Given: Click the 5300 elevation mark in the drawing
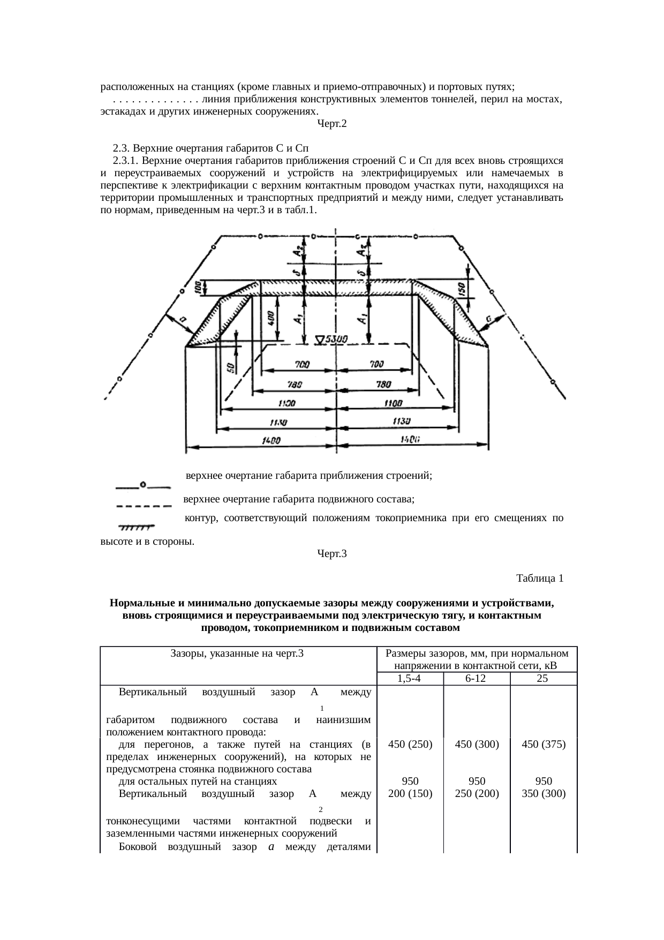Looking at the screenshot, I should coord(332,340).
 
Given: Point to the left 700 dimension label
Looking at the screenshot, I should coord(301,364).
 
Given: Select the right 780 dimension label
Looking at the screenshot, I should coord(383,385).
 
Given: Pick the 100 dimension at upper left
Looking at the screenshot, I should coord(198,288).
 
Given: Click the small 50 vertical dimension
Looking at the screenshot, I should coord(230,369).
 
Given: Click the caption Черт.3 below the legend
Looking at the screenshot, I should coord(331,554).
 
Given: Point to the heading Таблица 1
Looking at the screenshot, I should coord(539,578).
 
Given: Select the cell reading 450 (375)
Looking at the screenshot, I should coord(544,744).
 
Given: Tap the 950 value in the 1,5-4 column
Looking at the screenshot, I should coord(410,781).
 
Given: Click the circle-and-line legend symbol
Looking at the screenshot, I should coord(143,486).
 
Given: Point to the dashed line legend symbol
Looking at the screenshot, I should coord(143,505).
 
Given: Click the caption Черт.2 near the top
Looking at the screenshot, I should coord(331,124).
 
